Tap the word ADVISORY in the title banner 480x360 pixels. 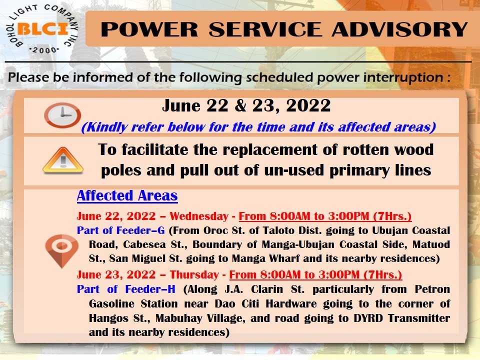click(399, 29)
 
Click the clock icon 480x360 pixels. click(62, 115)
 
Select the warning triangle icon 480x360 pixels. click(63, 160)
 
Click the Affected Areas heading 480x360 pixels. click(127, 196)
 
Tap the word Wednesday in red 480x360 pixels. click(199, 216)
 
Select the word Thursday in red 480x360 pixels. click(194, 275)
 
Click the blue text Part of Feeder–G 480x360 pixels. click(120, 230)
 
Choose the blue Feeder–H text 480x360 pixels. click(150, 289)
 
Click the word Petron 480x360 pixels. click(432, 289)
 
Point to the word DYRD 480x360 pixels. click(368, 318)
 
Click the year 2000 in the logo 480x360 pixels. click(44, 50)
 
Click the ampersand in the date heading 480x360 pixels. click(240, 105)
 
